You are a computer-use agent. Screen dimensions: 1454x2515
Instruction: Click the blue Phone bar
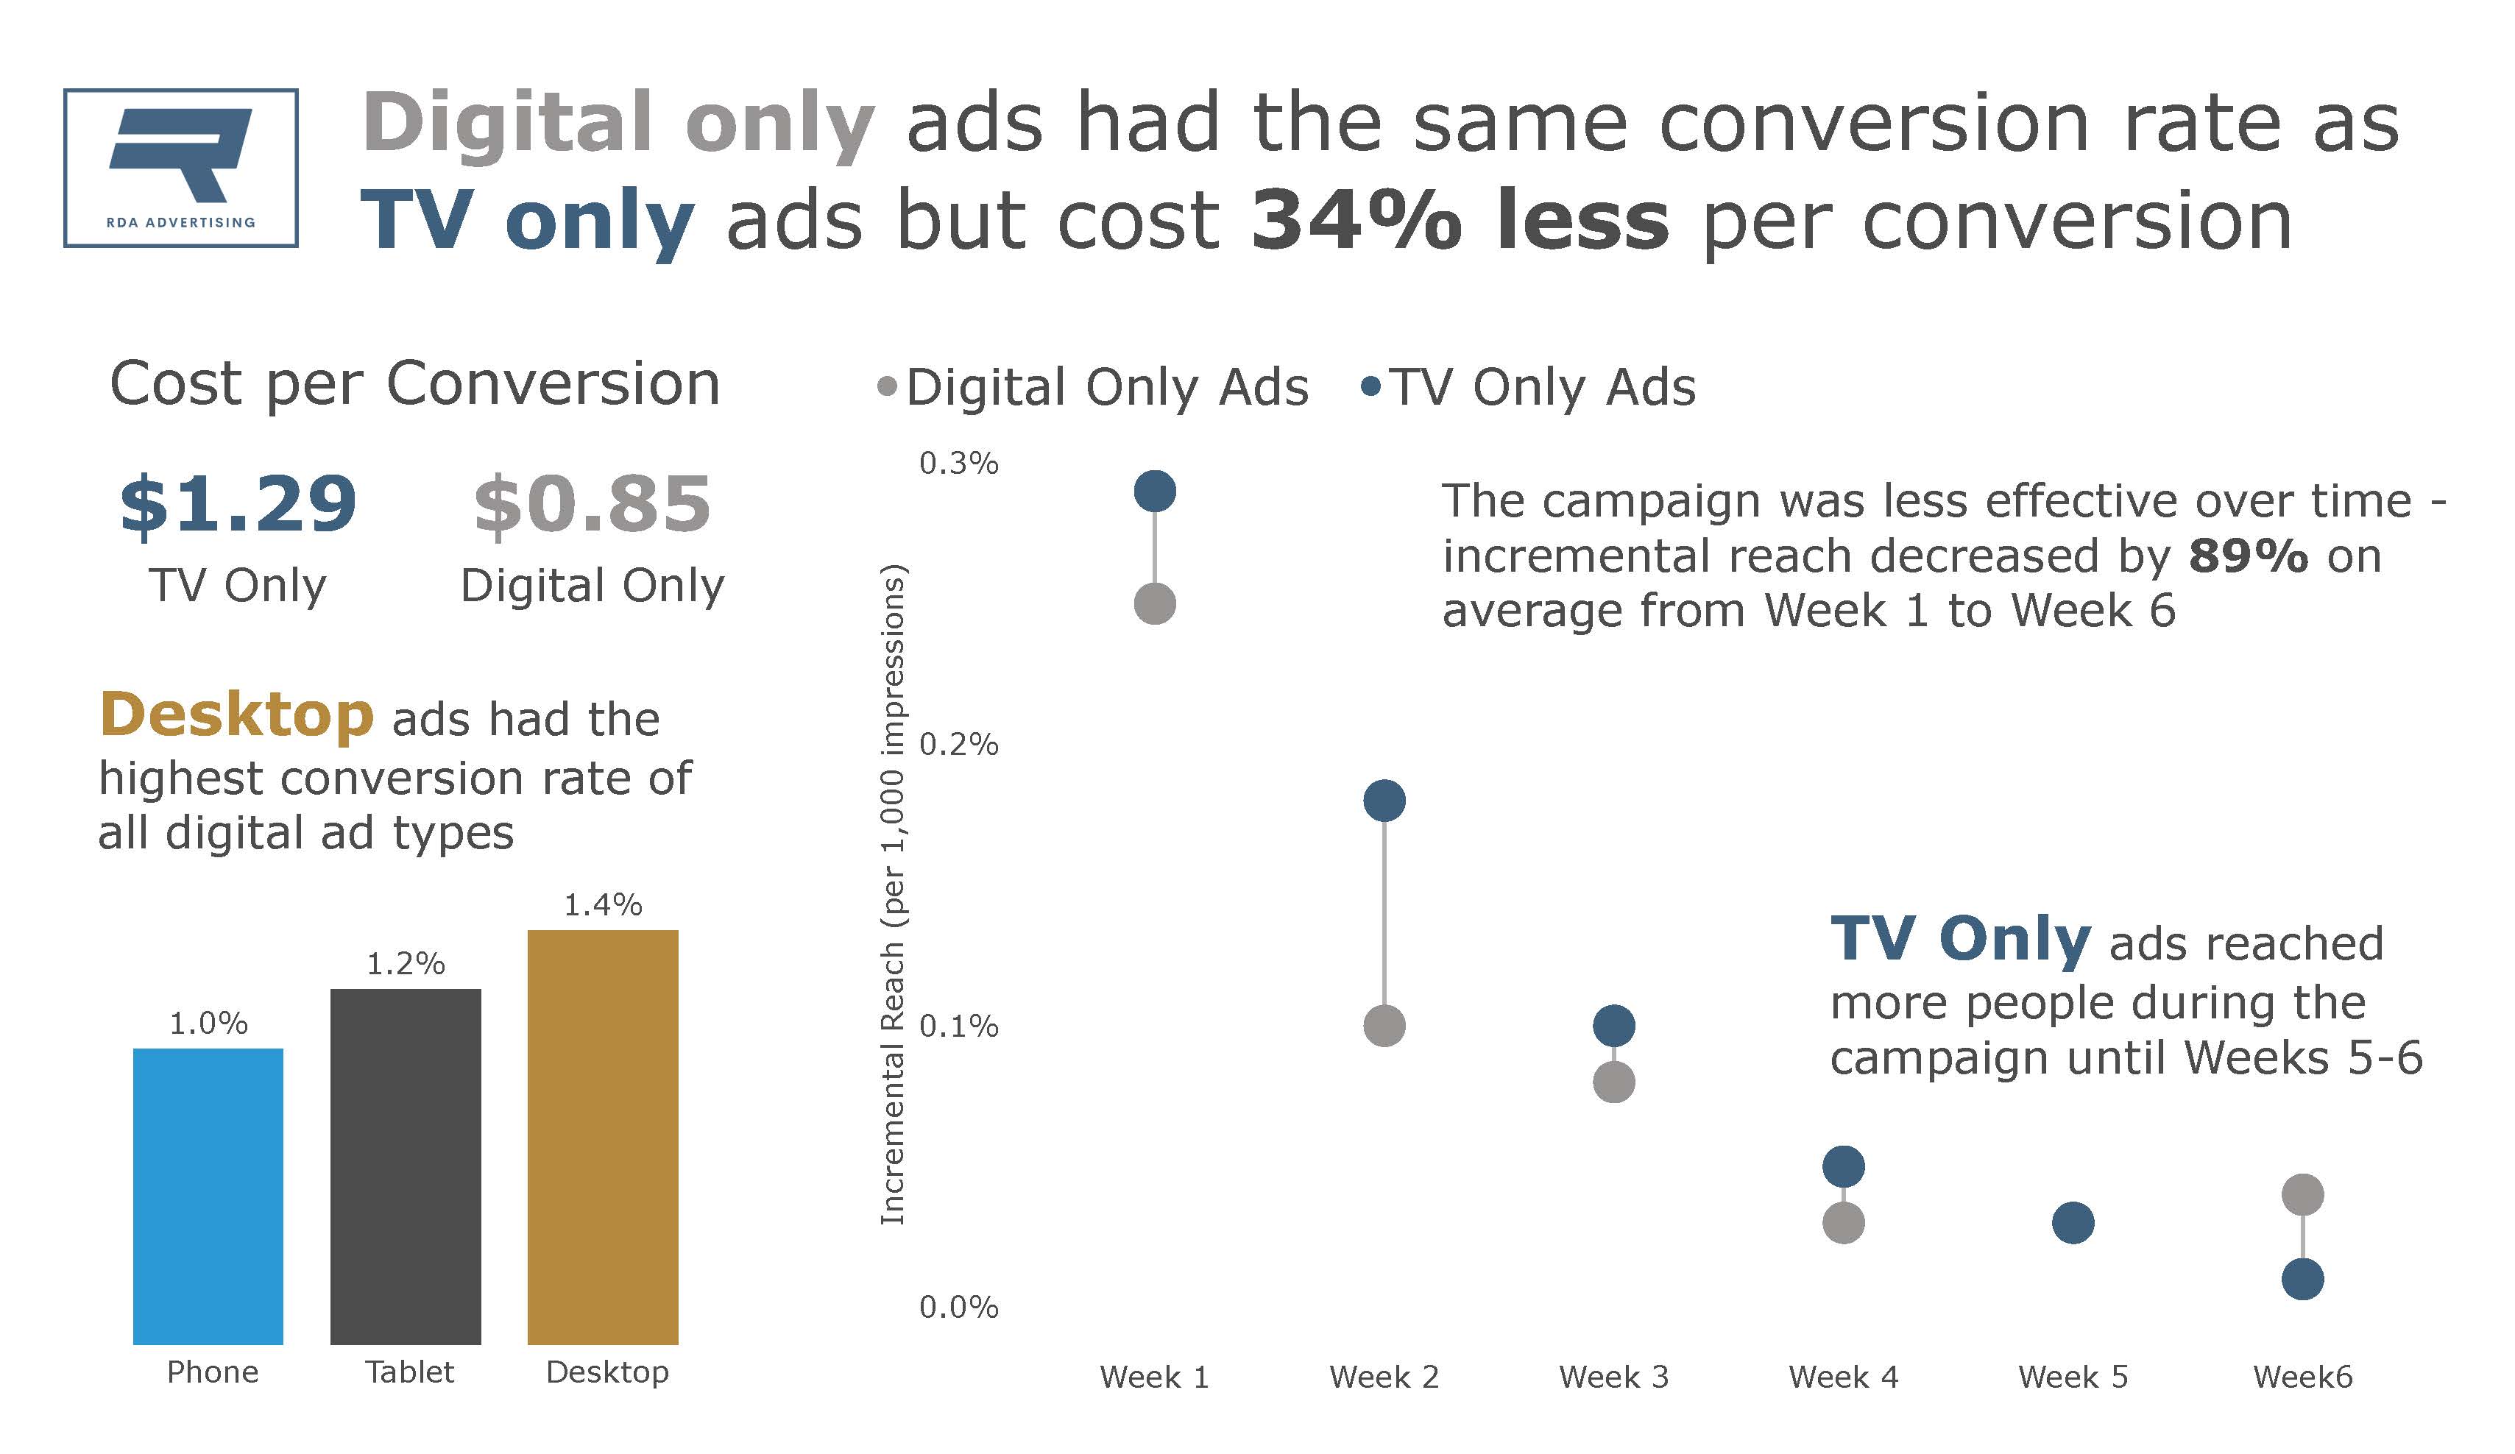coord(208,1196)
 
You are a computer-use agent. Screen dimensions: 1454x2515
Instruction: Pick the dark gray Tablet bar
coord(406,1166)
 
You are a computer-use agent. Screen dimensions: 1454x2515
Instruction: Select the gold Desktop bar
coord(603,1137)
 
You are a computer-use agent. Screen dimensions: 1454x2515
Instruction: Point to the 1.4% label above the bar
coord(603,905)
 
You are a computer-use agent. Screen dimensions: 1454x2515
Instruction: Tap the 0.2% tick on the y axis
coord(958,745)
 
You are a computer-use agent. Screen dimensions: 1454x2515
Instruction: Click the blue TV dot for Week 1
coord(1155,491)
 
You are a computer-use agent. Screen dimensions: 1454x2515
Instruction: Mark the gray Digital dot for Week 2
coord(1384,1025)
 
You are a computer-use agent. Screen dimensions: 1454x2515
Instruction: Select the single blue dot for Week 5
coord(2073,1222)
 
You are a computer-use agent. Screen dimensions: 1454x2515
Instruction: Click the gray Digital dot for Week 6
coord(2302,1194)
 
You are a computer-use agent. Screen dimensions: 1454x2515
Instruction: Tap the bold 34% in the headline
coord(1355,221)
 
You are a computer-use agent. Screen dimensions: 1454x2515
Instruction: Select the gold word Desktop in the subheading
coord(236,717)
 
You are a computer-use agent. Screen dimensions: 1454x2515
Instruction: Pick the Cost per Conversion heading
coord(414,384)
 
